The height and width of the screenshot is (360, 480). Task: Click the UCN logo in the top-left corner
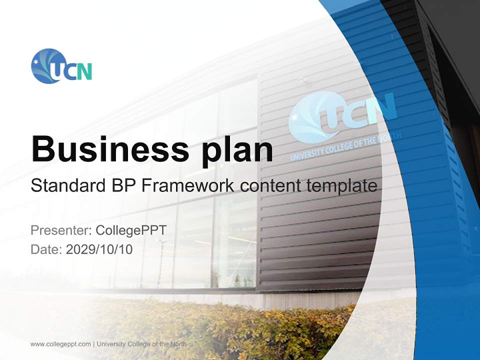61,66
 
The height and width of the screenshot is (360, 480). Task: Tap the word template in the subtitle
342,186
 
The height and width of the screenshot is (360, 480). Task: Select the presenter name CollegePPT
131,230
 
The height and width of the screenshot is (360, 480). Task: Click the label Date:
46,249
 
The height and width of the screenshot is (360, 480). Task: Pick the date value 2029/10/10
99,249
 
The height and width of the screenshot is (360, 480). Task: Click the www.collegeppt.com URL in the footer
60,344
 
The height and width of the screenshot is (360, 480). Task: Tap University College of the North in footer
141,344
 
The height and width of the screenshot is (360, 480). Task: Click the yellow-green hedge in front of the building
225,325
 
